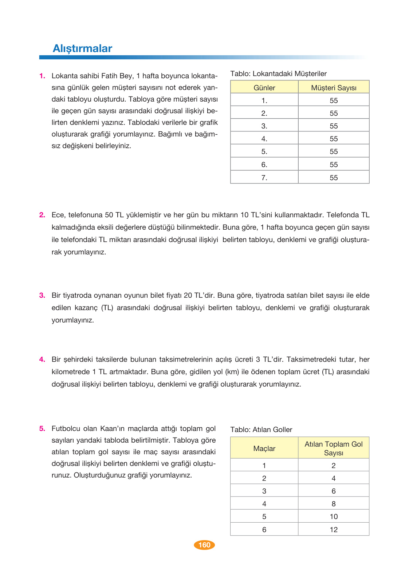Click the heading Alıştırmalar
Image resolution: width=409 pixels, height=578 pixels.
[x=82, y=48]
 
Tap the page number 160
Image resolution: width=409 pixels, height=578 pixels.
[x=204, y=545]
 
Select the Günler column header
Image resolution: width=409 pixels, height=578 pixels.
[x=264, y=88]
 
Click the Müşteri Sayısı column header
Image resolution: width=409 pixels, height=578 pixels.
[x=333, y=88]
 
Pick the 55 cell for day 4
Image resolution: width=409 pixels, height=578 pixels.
[x=333, y=139]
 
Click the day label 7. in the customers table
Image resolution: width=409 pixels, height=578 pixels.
[x=264, y=178]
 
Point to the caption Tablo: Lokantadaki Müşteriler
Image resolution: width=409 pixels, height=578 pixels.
[x=278, y=74]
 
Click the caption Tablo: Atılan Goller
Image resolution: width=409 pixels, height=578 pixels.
[x=261, y=429]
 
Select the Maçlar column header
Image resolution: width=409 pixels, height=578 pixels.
[x=264, y=448]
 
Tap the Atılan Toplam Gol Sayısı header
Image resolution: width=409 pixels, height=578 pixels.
[x=333, y=448]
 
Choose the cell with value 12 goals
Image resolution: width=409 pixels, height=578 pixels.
[x=333, y=530]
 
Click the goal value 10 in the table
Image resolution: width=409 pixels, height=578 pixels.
[x=333, y=516]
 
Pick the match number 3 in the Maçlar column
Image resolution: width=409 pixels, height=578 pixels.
[x=264, y=491]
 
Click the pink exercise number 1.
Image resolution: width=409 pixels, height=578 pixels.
[x=42, y=76]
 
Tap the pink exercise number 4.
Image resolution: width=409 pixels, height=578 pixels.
[x=42, y=360]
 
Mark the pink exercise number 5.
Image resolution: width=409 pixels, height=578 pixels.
[x=42, y=429]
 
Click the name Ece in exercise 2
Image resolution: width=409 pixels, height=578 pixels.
[x=58, y=215]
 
